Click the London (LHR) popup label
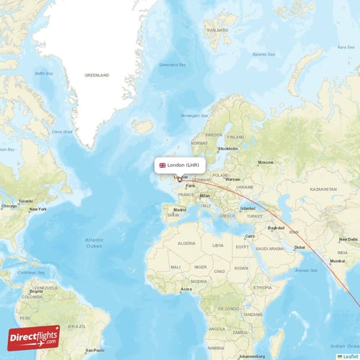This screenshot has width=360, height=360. click(186, 166)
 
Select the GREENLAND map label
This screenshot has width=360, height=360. click(96, 75)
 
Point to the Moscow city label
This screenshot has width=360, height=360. click(266, 162)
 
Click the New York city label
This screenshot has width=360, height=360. click(37, 209)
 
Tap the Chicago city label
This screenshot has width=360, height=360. click(9, 206)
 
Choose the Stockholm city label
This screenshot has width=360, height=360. click(228, 149)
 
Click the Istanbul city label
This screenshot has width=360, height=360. click(248, 208)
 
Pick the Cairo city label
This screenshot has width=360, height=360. click(251, 236)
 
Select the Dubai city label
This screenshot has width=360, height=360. click(300, 248)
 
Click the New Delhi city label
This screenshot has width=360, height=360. click(348, 238)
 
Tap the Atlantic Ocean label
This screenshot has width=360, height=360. click(94, 243)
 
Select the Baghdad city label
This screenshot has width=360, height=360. click(276, 228)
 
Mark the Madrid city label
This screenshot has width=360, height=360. click(179, 210)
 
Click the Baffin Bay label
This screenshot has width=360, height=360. click(45, 73)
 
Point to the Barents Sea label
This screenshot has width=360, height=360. click(263, 53)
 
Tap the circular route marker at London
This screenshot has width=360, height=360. click(179, 179)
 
